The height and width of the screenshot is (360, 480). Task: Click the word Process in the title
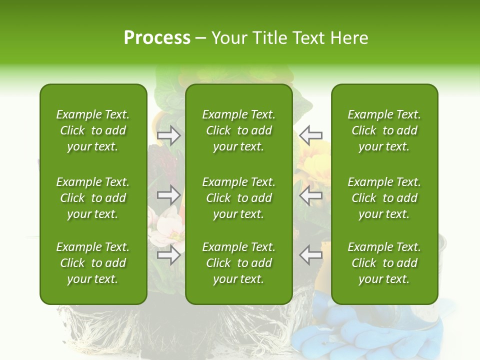coord(157,38)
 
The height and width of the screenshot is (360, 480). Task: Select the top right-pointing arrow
coord(169,135)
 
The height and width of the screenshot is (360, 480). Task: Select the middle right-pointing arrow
coord(169,194)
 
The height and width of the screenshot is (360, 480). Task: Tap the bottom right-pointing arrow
coord(169,254)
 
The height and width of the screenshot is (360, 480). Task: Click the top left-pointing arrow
coord(310,135)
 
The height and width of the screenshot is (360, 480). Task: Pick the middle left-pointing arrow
coord(310,195)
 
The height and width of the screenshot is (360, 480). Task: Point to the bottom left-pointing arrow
coord(310,254)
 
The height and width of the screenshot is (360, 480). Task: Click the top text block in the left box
coord(93,130)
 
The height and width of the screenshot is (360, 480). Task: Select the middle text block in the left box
coord(93,198)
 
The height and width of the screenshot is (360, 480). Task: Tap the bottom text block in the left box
coord(93,263)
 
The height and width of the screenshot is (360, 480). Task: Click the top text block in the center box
coord(238,130)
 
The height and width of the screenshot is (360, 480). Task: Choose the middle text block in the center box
coord(238,198)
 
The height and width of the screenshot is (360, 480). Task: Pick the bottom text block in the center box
coord(238,263)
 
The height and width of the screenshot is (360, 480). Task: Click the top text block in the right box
coord(384,130)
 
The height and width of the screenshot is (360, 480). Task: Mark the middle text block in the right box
coord(384,198)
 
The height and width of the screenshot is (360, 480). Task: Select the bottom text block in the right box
coord(384,263)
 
